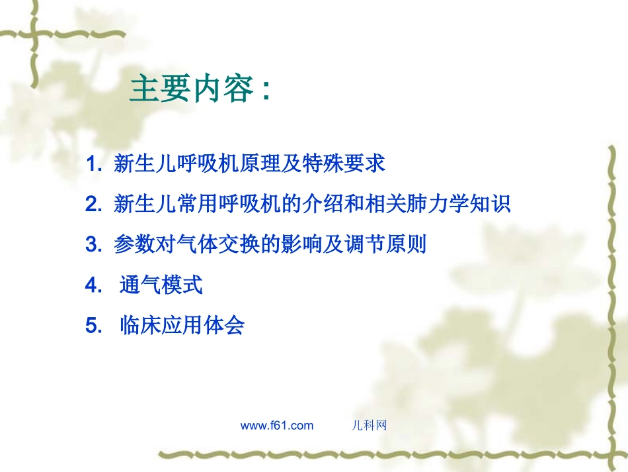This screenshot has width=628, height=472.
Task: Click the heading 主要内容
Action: pos(192,89)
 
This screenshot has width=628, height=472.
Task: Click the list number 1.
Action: pos(92,164)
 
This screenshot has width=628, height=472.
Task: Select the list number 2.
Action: pos(92,205)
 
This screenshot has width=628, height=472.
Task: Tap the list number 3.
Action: pos(92,245)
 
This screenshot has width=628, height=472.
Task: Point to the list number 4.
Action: pos(92,286)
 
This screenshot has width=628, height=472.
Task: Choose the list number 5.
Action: pos(92,326)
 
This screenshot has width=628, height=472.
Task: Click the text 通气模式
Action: pos(161,286)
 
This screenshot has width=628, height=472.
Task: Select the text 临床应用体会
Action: pos(182,326)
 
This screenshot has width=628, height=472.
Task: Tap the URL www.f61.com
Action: pos(276,426)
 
